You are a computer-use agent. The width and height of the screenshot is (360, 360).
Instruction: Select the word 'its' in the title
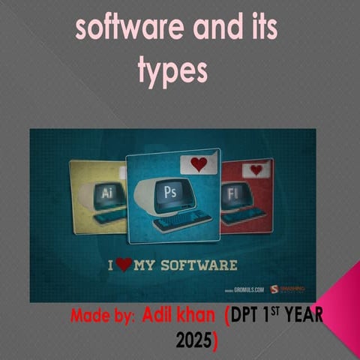[259, 29]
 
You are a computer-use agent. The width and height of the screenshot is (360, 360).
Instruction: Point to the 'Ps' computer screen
[173, 192]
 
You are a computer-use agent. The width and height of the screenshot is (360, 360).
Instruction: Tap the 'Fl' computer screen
[234, 192]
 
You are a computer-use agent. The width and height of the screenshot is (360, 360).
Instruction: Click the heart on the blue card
[199, 163]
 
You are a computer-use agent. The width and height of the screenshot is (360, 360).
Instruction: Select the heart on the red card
[256, 169]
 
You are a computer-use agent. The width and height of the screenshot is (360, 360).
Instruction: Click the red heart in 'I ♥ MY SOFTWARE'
[124, 264]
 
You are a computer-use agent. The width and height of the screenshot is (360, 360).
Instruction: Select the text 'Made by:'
[103, 316]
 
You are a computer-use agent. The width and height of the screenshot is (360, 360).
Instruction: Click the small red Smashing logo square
[274, 288]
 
